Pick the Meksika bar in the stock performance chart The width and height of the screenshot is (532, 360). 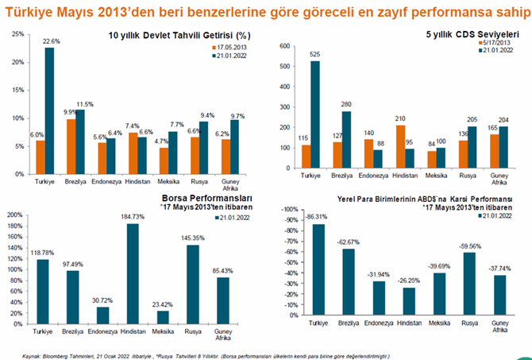coord(164,316)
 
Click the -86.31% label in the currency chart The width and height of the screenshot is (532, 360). coord(316,217)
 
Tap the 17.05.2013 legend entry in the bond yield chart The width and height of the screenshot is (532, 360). coord(227,48)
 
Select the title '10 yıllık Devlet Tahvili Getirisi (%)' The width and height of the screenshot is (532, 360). coord(179,36)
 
